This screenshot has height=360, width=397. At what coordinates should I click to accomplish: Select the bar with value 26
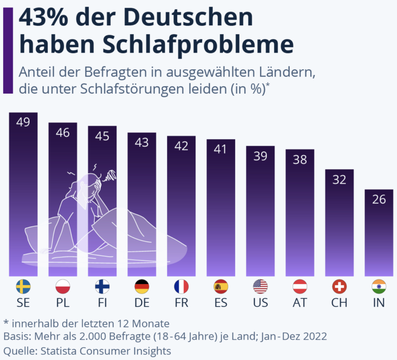click(379, 233)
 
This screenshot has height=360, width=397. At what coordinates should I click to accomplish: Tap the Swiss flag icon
click(339, 286)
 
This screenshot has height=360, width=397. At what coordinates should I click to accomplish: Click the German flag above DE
click(142, 286)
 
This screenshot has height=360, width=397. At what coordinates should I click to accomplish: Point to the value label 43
click(142, 142)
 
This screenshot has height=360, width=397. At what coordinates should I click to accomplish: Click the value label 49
click(23, 122)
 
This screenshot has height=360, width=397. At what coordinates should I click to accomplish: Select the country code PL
click(63, 303)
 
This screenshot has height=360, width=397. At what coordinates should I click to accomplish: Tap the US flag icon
click(261, 286)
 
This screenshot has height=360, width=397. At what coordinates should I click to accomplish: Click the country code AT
click(300, 303)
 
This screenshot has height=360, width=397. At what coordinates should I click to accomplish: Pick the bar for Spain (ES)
click(221, 207)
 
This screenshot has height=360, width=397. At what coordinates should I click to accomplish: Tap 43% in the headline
click(45, 18)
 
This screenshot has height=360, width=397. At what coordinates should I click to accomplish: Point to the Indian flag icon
click(379, 286)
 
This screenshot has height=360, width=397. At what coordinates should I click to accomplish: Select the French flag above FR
click(181, 286)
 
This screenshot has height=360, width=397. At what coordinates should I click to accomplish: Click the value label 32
click(339, 179)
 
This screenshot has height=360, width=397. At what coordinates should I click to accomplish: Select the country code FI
click(102, 303)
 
